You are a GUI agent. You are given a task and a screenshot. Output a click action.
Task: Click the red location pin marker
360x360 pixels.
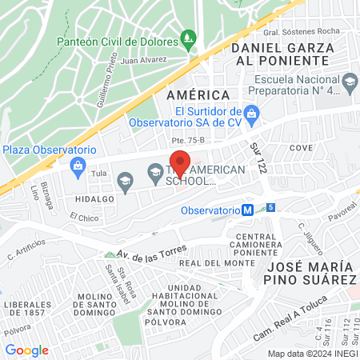pos(181,162)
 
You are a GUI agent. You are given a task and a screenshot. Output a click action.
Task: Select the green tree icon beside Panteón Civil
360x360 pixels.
pos(188,37)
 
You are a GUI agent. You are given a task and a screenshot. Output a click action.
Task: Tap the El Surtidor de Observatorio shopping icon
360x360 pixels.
pos(251,114)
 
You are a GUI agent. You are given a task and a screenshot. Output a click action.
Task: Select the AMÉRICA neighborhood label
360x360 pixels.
pos(193,94)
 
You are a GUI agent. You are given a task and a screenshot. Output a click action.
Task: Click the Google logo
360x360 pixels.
pos(26,350)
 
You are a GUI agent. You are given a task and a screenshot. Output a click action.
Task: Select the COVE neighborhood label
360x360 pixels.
pos(301,148)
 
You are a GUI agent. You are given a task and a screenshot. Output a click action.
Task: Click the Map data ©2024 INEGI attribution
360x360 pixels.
pos(312,354)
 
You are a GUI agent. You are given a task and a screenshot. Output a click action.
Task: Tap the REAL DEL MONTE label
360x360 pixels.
pos(206,263)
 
